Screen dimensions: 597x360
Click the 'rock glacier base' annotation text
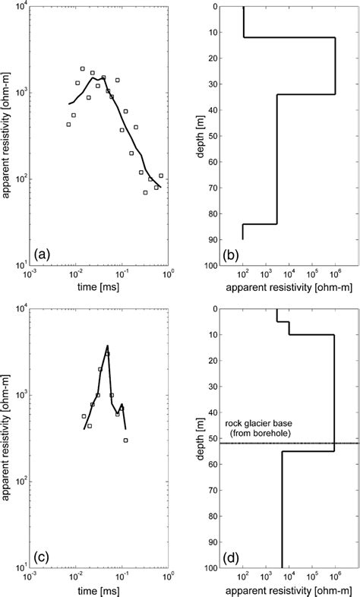pyautogui.click(x=257, y=425)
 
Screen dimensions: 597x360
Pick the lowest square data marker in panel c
pyautogui.click(x=125, y=440)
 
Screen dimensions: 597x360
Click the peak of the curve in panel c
pyautogui.click(x=108, y=346)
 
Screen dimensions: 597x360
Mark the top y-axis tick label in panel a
pyautogui.click(x=17, y=7)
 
